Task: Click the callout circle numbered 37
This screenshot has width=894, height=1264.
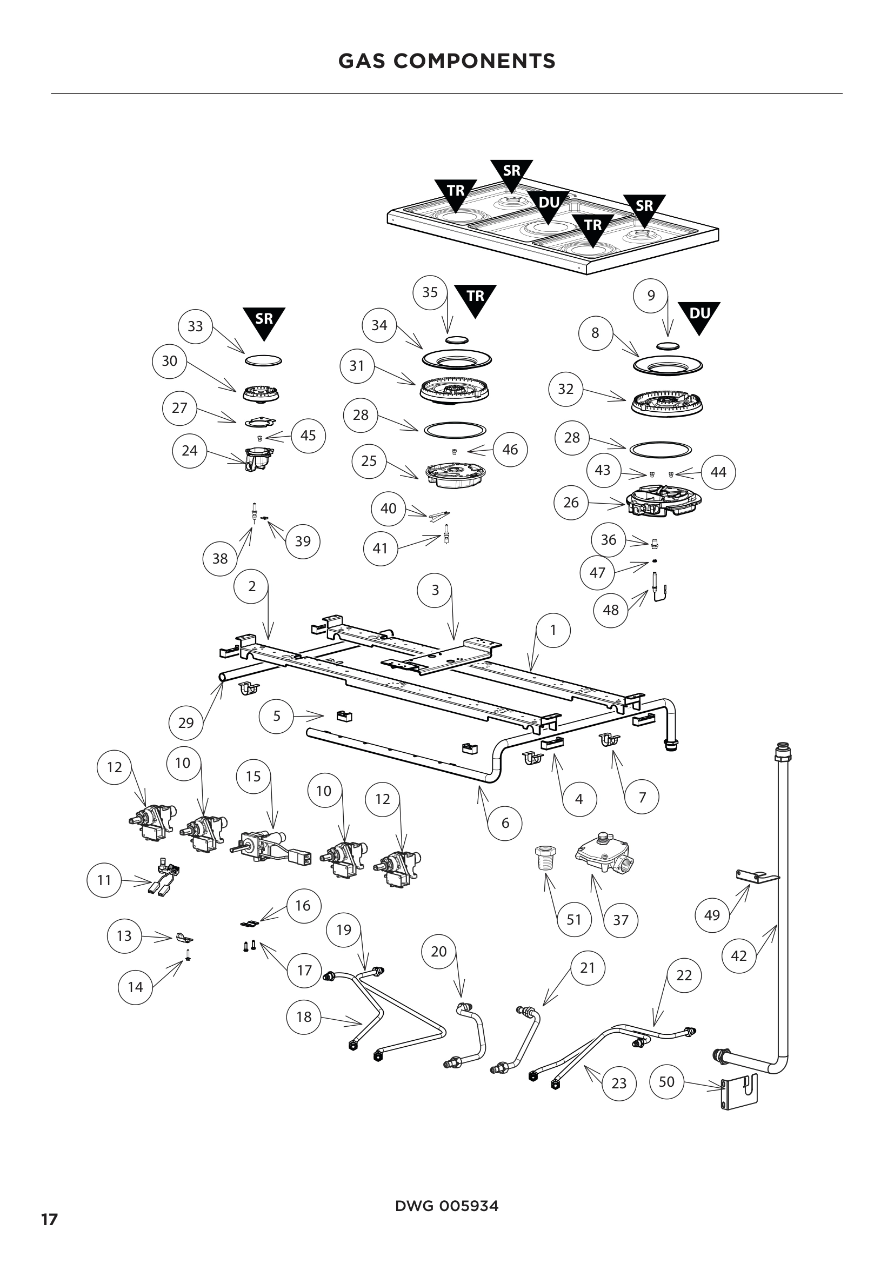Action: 621,920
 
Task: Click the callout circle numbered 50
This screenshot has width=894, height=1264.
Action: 666,1082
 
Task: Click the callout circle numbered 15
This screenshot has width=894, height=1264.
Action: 253,777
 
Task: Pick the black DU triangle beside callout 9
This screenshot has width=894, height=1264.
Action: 699,316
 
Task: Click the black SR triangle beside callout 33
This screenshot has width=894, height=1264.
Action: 264,321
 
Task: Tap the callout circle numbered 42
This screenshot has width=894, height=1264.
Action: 738,955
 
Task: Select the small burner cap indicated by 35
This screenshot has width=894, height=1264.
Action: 456,340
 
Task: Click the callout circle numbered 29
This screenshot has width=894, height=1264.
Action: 186,723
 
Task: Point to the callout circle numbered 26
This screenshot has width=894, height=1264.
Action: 571,502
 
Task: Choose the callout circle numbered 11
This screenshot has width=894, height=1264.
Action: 104,880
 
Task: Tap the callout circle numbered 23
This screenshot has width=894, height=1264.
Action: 619,1084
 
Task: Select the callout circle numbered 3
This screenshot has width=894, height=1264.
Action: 435,590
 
